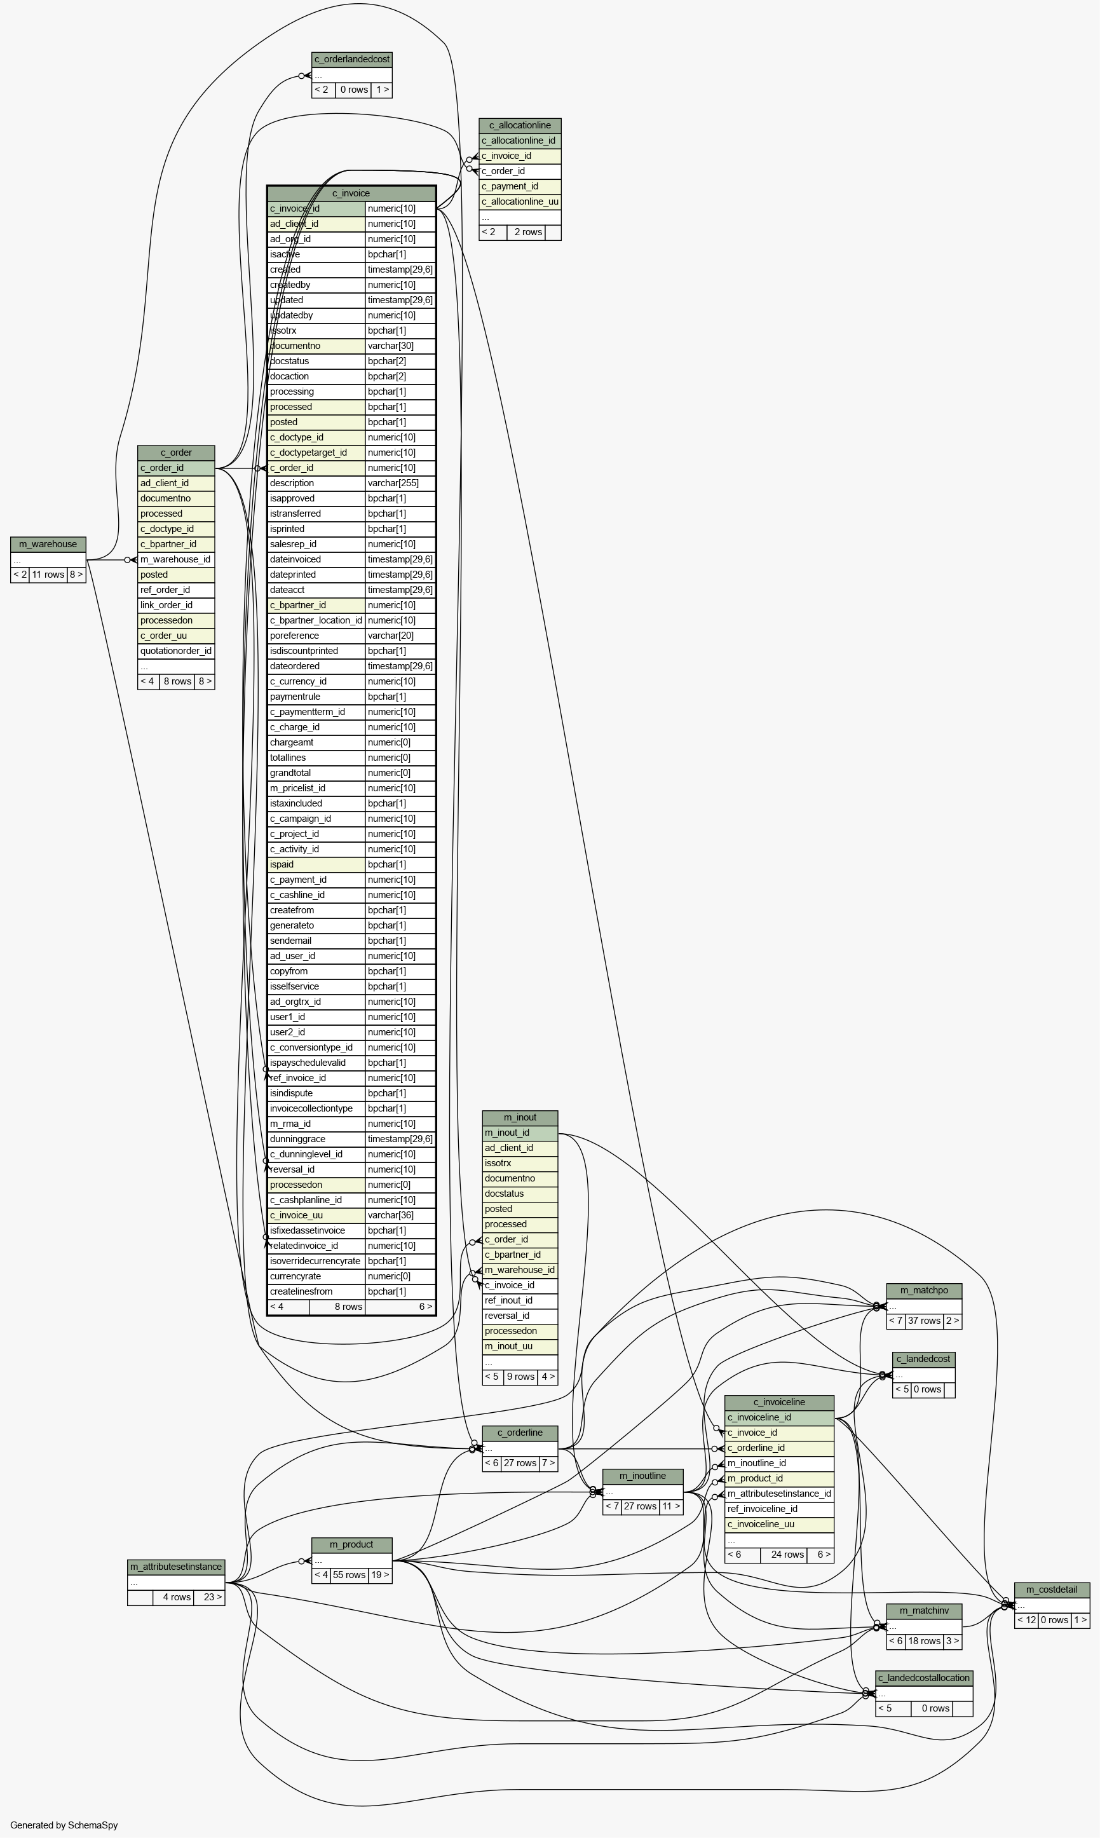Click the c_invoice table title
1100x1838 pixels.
pos(351,193)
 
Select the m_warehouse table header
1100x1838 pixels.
pos(48,544)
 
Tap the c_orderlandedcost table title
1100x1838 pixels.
pos(352,59)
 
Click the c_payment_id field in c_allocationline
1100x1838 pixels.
pos(520,186)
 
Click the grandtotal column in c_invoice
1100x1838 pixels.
pos(316,773)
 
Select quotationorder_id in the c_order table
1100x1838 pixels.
pos(177,651)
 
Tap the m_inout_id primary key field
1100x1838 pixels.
pos(520,1133)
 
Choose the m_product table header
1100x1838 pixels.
pos(352,1544)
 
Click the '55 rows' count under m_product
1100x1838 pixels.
pos(349,1575)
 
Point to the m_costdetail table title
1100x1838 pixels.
pos(1052,1590)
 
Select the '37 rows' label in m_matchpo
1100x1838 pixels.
pos(925,1321)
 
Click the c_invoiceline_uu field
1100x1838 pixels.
pos(780,1524)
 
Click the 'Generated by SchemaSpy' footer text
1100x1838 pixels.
pos(64,1825)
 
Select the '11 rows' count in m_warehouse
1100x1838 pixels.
pos(48,575)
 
